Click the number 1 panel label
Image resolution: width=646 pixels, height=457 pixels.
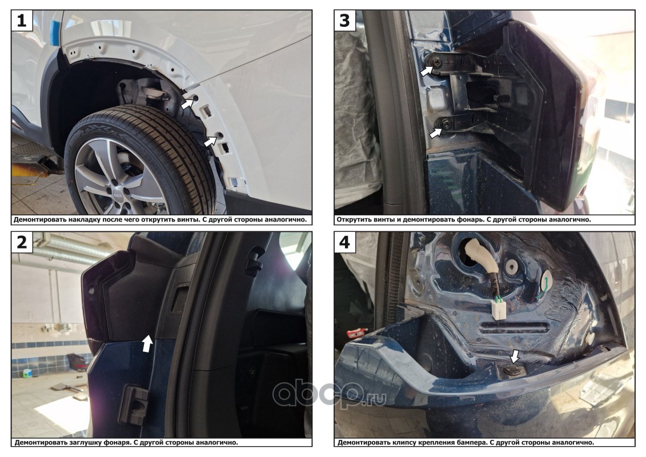click(x=22, y=21)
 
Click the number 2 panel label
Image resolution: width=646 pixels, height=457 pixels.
click(x=22, y=242)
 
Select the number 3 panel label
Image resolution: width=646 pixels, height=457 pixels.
click(x=344, y=21)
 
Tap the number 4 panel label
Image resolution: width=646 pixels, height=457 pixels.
click(x=344, y=242)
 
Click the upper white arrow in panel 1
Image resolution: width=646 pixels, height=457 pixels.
click(x=187, y=104)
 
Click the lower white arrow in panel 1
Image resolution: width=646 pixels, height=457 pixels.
click(x=211, y=141)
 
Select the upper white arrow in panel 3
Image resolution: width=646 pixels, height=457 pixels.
click(x=427, y=70)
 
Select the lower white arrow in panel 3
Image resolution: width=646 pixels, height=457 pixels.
click(x=436, y=133)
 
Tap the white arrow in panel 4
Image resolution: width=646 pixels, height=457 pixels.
click(x=514, y=356)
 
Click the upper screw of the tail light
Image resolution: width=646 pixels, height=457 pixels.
click(x=438, y=62)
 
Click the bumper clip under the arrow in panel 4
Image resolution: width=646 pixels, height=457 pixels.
click(x=512, y=370)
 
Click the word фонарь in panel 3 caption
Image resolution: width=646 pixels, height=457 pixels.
click(x=468, y=219)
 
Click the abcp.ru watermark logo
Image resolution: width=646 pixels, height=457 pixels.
click(x=330, y=393)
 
